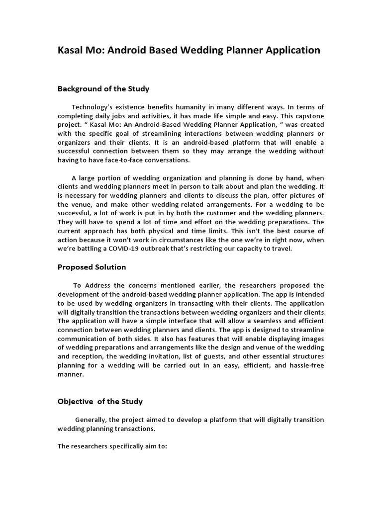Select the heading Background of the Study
point(103,89)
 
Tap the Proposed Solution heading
point(92,267)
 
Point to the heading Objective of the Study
point(100,401)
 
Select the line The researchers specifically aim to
point(112,446)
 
